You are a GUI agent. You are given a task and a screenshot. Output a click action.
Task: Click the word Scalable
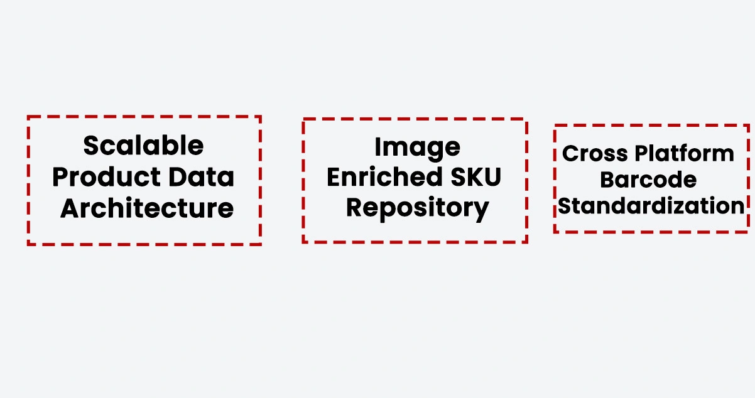pos(143,146)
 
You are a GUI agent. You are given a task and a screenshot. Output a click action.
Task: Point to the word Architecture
pos(147,208)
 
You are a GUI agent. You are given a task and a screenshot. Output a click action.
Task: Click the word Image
pos(417,148)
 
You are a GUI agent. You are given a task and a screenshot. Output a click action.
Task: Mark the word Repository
pos(417,208)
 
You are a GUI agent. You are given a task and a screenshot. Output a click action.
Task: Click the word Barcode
pos(648,180)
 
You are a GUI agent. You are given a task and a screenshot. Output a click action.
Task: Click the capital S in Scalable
pos(92,146)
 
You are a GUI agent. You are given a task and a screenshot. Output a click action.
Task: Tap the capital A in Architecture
pos(70,208)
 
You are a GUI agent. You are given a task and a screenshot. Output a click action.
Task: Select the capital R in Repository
pos(355,208)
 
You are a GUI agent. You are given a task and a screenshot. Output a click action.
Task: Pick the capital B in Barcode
pos(607,180)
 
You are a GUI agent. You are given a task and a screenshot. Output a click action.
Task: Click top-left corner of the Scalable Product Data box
pos(28,117)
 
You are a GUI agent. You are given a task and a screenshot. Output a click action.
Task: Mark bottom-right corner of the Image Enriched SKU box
pos(526,241)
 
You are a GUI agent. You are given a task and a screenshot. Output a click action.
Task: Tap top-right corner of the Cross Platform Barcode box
pos(747,126)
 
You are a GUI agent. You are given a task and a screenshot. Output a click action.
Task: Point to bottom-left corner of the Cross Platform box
pos(555,231)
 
